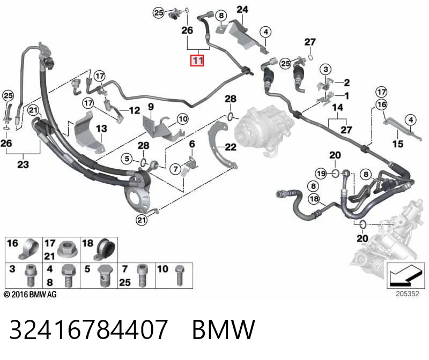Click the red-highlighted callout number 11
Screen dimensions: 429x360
[x=197, y=61]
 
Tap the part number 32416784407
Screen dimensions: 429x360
[x=88, y=329]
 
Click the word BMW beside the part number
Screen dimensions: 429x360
[x=224, y=329]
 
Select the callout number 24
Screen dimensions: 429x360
[x=242, y=10]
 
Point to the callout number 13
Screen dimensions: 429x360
[x=101, y=129]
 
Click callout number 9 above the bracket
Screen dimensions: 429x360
[x=151, y=107]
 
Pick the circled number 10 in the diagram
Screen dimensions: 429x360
[x=183, y=119]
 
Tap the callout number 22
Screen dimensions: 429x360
[x=231, y=147]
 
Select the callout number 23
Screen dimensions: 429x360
[x=23, y=164]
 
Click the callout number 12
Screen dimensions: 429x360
[x=135, y=110]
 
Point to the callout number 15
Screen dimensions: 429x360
[x=397, y=144]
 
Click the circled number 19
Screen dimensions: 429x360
[x=321, y=173]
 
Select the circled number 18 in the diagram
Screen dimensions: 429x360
[x=314, y=199]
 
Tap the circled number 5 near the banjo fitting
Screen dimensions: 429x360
[x=127, y=159]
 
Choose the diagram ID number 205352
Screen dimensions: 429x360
[x=408, y=294]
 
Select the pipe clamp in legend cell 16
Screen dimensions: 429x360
[x=28, y=249]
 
